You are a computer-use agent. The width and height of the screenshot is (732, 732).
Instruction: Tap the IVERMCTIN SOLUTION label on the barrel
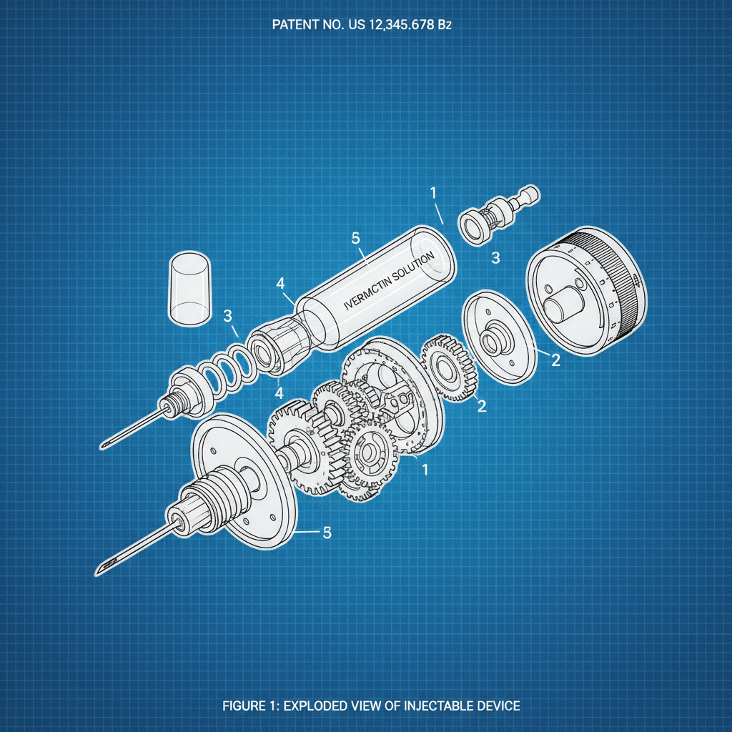point(389,282)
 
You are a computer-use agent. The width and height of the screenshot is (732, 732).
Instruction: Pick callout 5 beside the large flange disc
point(327,533)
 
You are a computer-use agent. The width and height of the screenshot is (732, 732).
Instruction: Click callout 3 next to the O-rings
point(227,315)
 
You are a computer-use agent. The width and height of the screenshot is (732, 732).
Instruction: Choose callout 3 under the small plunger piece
point(495,257)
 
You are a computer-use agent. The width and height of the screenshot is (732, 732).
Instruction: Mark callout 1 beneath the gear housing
point(425,470)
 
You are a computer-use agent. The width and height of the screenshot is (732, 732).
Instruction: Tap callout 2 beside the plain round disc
point(555,360)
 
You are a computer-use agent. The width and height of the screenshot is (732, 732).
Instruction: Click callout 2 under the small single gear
point(482,406)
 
